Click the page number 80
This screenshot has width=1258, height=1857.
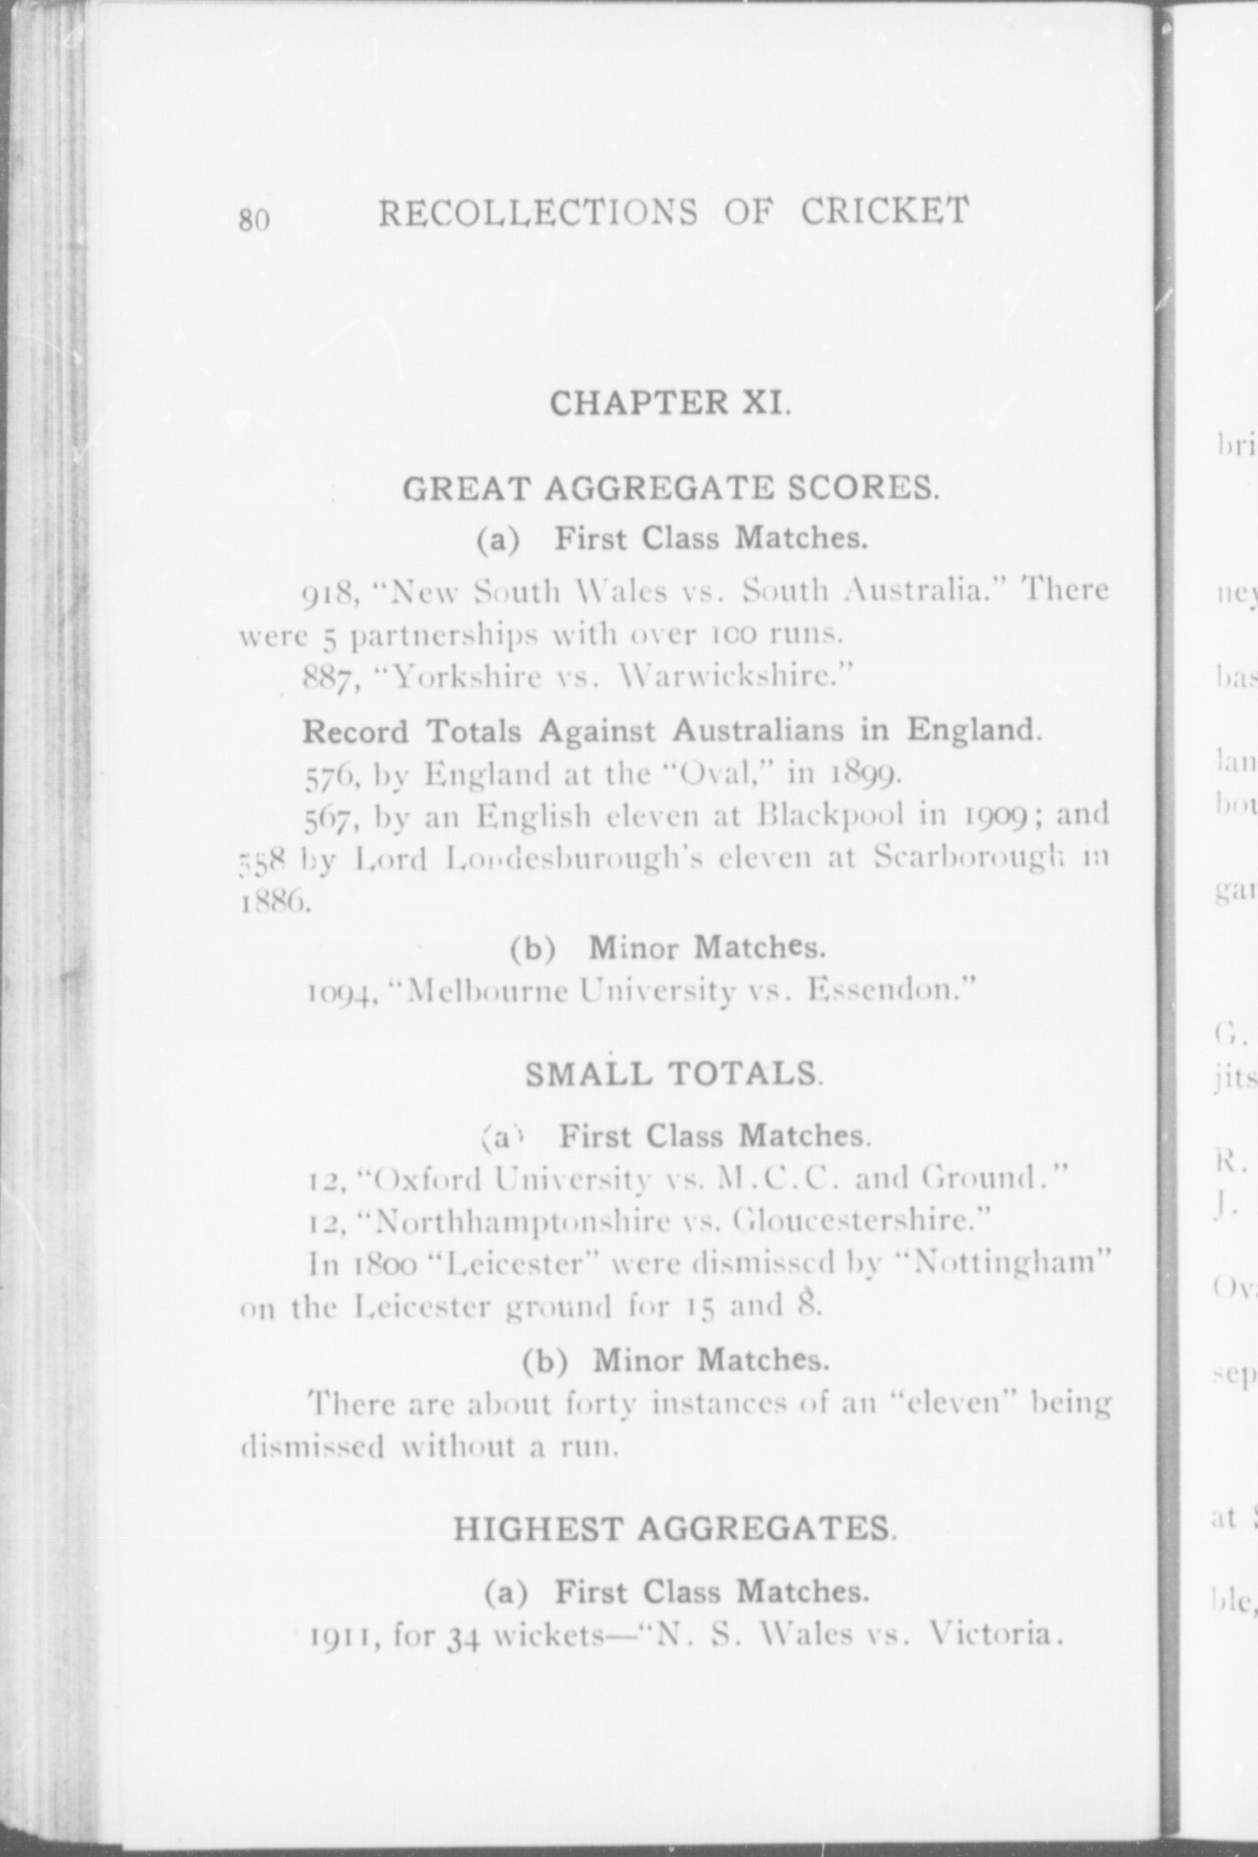254,219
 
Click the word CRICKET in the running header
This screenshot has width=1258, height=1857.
884,211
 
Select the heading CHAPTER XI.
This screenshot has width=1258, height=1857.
670,402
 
